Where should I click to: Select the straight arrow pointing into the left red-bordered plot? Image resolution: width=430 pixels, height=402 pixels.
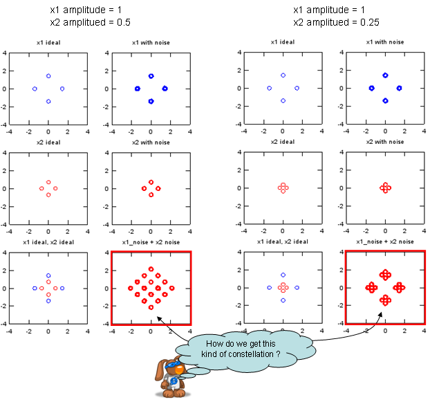167,327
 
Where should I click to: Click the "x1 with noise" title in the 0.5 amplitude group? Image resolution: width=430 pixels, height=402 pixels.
151,43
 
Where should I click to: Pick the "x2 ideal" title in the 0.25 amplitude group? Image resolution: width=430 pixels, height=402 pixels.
283,142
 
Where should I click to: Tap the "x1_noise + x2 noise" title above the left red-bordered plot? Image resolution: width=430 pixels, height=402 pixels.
151,241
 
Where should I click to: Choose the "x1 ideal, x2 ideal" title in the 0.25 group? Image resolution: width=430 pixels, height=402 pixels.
283,241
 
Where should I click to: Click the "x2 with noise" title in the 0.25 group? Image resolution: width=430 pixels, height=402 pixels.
385,142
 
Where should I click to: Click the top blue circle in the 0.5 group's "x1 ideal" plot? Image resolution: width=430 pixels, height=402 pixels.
48,76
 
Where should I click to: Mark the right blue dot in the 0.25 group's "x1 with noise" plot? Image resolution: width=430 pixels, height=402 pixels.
400,89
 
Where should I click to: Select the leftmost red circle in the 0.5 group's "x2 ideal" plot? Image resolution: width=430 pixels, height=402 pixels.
41,188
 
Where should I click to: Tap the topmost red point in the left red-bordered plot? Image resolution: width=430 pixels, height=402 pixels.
151,269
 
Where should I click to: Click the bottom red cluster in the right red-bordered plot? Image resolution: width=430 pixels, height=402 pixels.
385,300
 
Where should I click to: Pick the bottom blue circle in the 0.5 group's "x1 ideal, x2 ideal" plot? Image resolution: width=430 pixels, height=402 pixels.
48,301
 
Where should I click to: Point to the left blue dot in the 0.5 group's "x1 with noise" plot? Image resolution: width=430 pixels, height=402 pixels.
137,89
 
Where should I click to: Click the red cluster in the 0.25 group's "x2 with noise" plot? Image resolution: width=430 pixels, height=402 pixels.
385,188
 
